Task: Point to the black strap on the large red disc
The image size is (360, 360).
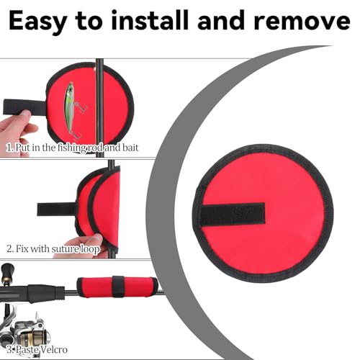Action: point(233,214)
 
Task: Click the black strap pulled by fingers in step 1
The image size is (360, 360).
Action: point(24,107)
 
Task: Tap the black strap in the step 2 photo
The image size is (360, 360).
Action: point(57,209)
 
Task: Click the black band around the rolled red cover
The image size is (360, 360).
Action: point(118,286)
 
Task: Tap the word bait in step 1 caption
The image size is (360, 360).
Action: point(130,148)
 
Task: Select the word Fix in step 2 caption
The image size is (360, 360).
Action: point(21,248)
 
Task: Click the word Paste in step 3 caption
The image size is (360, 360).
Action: point(26,350)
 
